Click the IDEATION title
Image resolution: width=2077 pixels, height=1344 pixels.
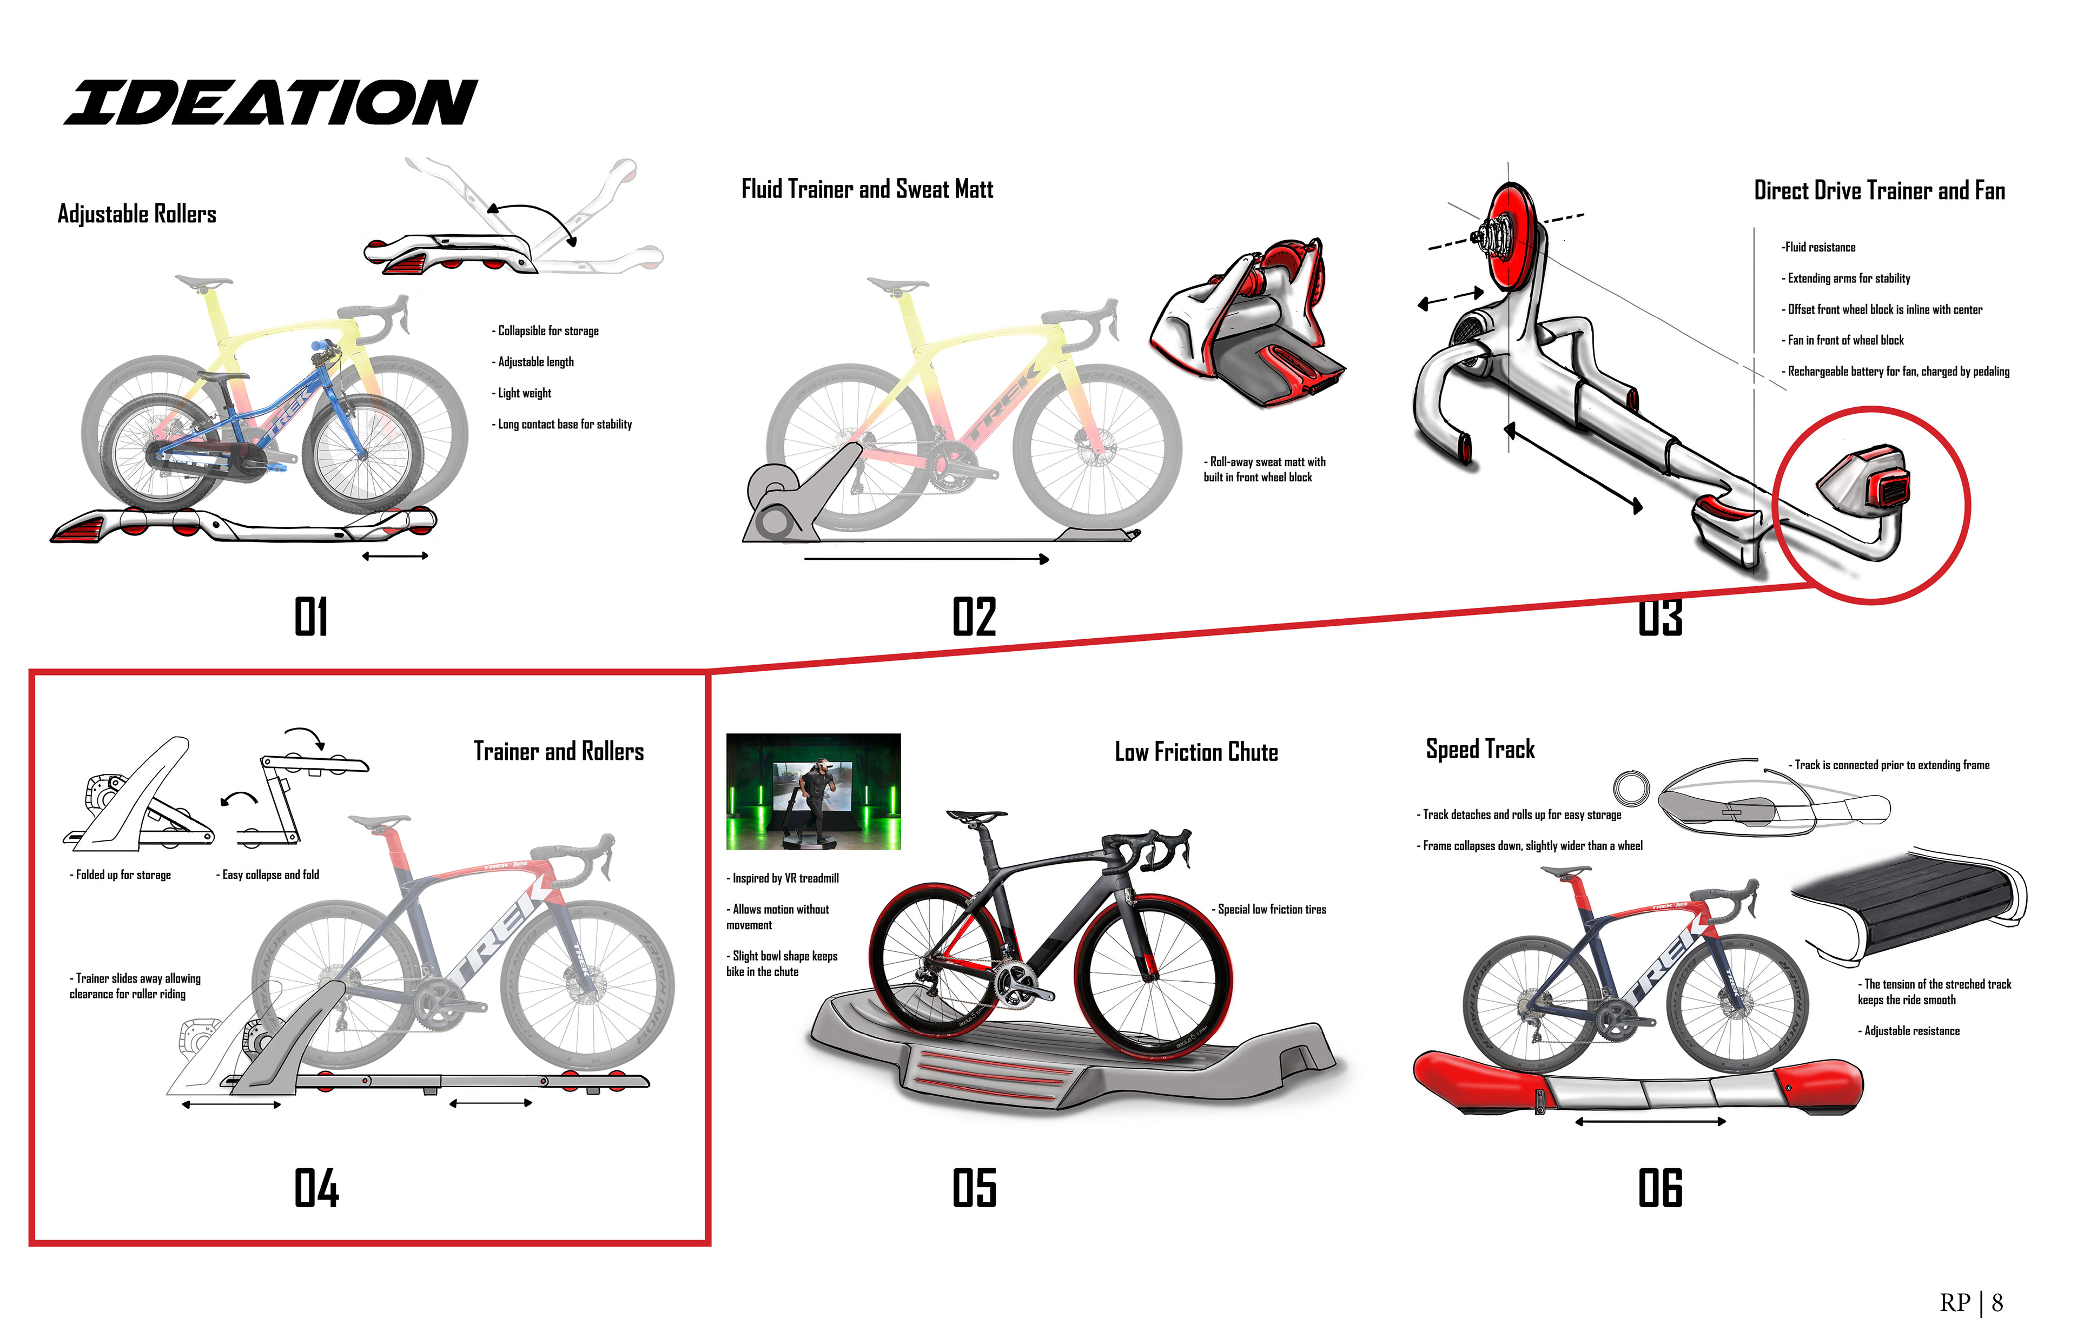click(270, 103)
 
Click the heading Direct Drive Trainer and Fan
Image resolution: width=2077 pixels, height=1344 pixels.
click(1879, 191)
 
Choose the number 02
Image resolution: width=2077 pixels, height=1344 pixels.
click(974, 617)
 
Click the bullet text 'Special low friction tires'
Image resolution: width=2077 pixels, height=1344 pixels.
click(1270, 909)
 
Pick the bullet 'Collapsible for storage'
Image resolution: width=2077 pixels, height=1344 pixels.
click(546, 331)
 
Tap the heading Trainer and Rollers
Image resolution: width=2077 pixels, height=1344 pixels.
click(559, 751)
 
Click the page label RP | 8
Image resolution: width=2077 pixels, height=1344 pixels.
click(1970, 1303)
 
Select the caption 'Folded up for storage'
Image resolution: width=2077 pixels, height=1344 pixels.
click(121, 875)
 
